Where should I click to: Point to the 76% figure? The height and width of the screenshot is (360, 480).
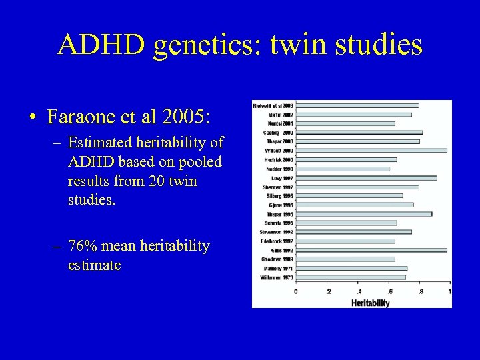85,247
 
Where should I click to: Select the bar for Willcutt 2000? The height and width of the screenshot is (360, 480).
371,151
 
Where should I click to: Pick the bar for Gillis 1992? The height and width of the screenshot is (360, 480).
371,250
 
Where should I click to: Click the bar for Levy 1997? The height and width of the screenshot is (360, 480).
366,178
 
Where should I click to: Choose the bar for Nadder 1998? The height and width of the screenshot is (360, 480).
343,169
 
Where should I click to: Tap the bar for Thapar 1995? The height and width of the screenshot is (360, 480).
363,214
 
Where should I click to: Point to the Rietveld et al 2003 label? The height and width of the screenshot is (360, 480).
273,105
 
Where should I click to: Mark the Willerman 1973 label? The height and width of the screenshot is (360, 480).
277,277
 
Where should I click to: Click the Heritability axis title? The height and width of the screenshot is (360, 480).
371,303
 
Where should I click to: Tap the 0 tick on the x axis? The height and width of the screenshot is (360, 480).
295,291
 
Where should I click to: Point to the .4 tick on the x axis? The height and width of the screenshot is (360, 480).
359,291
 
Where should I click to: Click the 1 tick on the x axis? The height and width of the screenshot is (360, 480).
449,291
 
